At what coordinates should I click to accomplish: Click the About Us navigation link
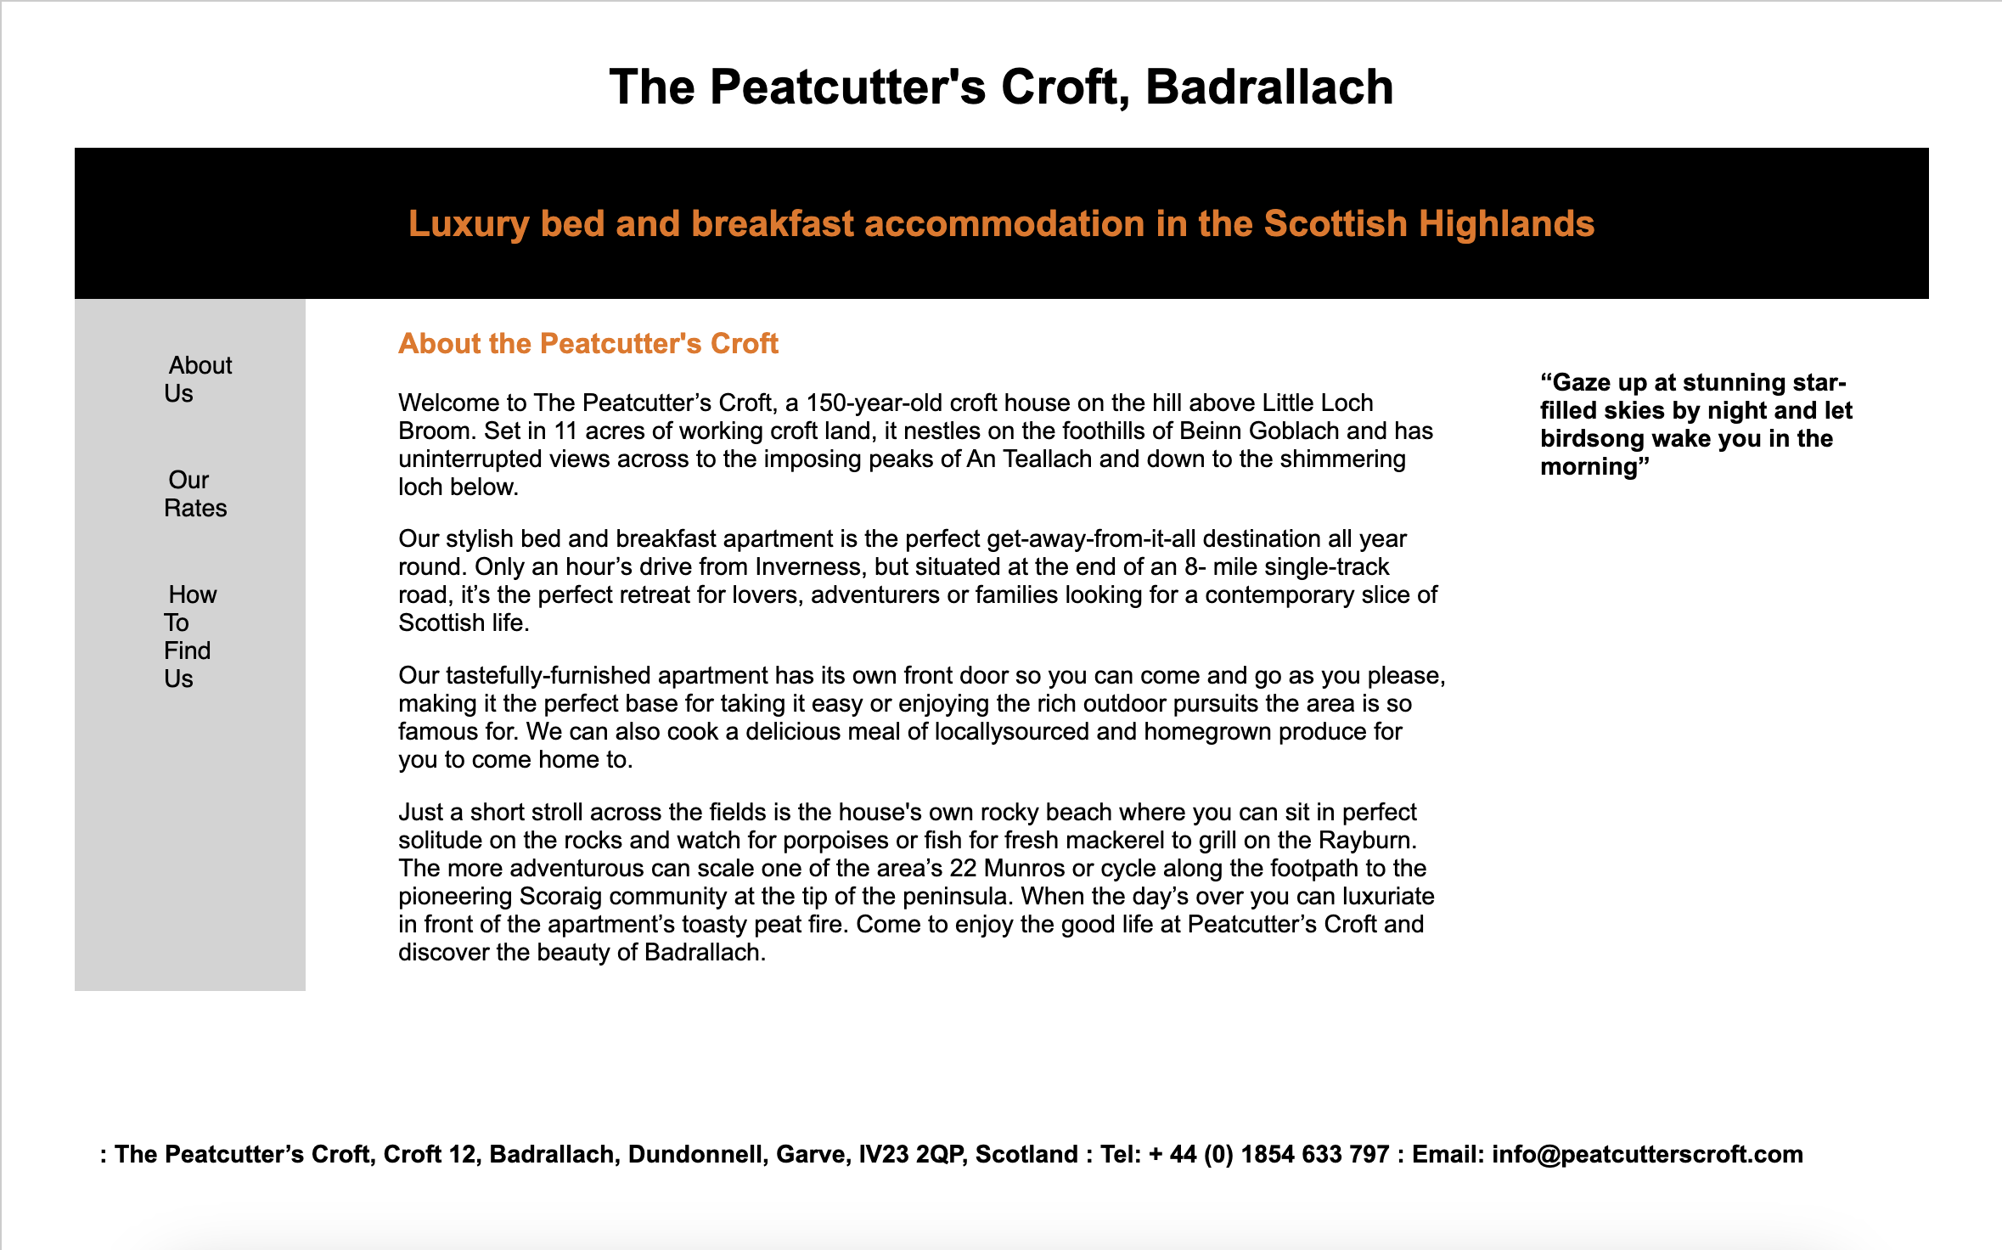(x=199, y=379)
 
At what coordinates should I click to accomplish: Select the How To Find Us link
(x=190, y=636)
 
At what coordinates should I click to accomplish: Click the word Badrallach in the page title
(x=1268, y=87)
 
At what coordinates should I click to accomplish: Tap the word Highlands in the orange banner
(x=1506, y=224)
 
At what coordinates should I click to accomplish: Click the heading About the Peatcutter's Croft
(x=588, y=343)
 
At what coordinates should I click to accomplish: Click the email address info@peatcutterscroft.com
(x=1647, y=1154)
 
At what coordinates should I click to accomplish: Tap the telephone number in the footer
(x=1268, y=1154)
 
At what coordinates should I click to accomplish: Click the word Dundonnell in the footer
(x=698, y=1154)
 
